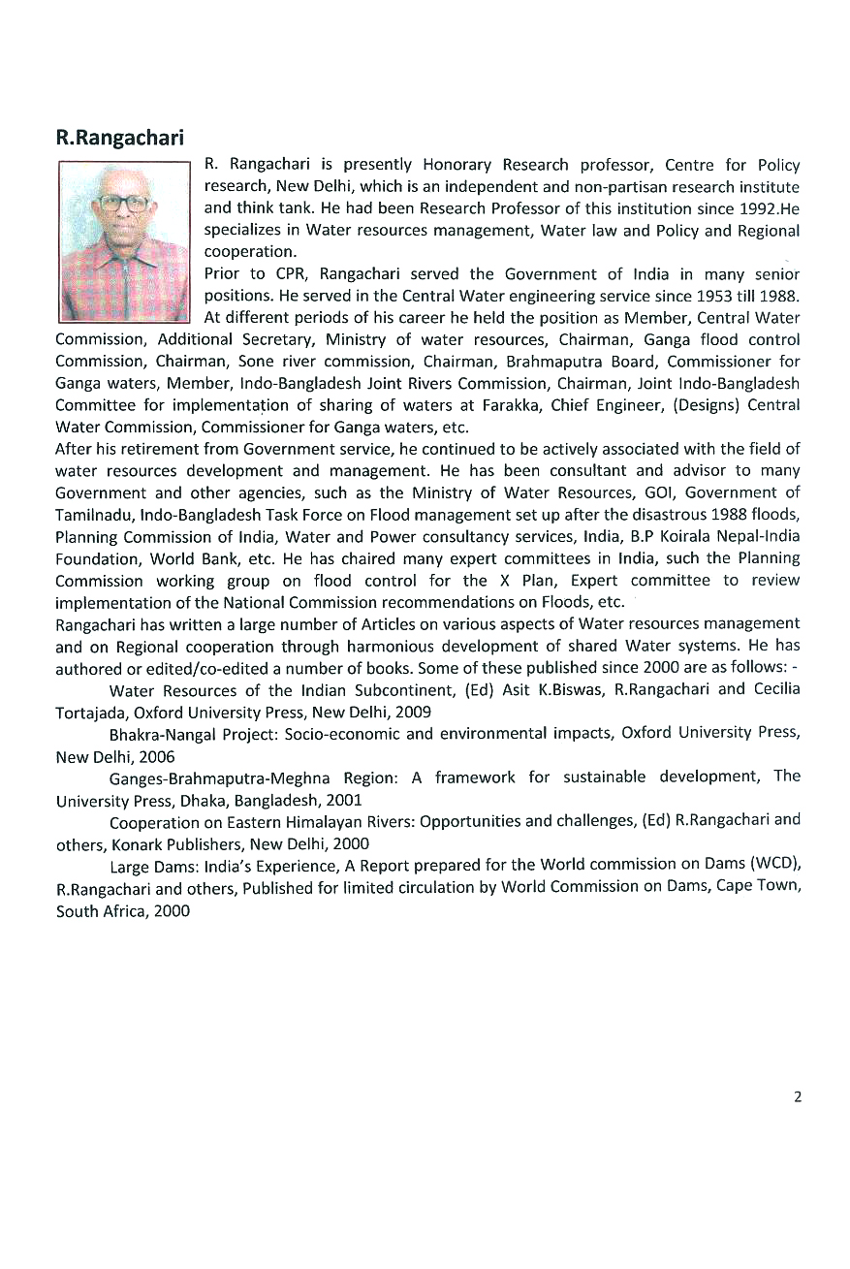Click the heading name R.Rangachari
coord(120,139)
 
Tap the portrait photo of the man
coord(124,241)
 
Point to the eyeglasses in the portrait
coord(124,204)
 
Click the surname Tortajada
coord(92,713)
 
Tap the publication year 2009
coord(412,713)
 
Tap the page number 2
coord(797,1097)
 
